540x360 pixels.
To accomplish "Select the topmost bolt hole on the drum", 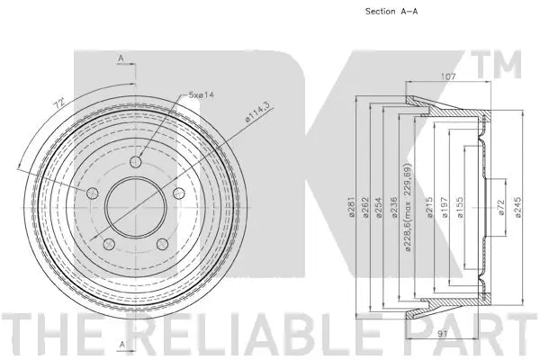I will tap(135, 161).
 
